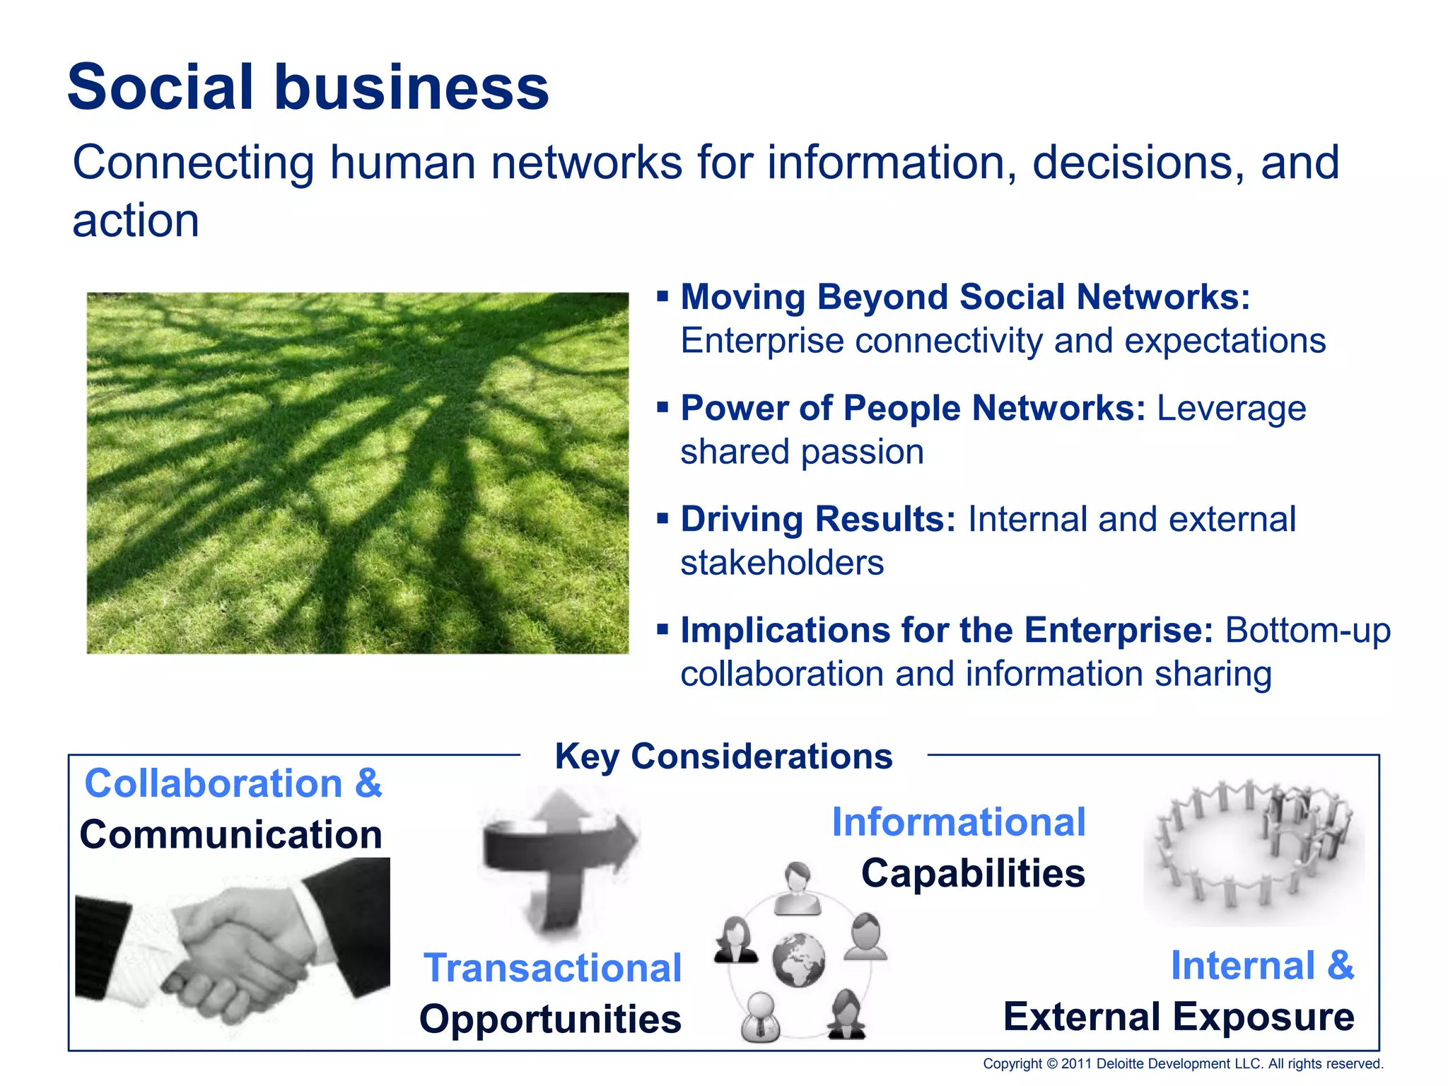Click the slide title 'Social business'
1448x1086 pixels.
click(308, 88)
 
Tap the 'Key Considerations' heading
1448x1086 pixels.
click(723, 757)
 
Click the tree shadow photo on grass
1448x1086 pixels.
click(358, 473)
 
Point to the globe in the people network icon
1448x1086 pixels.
click(799, 959)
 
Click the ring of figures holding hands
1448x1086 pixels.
click(1254, 845)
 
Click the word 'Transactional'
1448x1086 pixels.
click(552, 968)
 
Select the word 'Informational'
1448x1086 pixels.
click(959, 822)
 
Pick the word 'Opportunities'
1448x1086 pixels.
click(550, 1020)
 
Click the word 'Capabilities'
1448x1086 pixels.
click(973, 873)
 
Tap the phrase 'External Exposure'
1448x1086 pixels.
click(1179, 1017)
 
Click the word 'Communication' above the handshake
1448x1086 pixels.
click(230, 835)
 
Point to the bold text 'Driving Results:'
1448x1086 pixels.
click(818, 519)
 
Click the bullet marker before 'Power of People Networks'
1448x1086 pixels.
click(662, 407)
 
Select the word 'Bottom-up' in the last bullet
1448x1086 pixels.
click(1307, 630)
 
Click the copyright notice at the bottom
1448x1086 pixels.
click(1183, 1064)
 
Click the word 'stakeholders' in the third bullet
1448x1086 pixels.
click(782, 564)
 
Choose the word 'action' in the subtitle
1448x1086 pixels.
click(136, 221)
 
